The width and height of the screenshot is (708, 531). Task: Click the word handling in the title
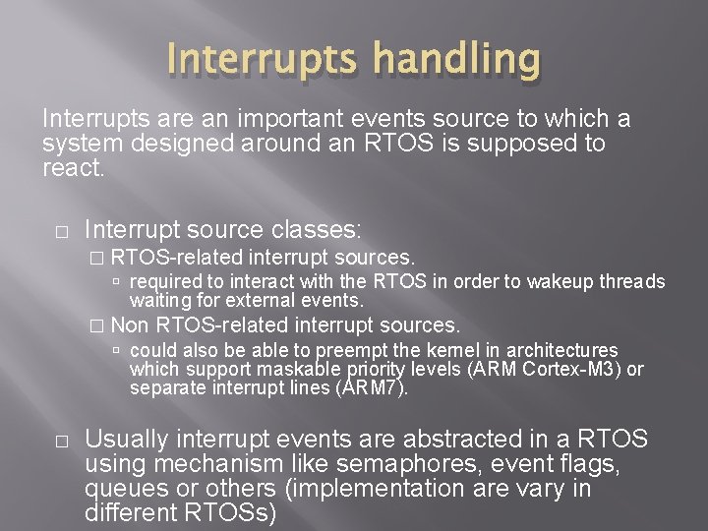(459, 61)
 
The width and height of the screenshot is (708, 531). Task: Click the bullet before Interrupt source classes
(60, 232)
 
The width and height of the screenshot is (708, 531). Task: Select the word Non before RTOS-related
(132, 324)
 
